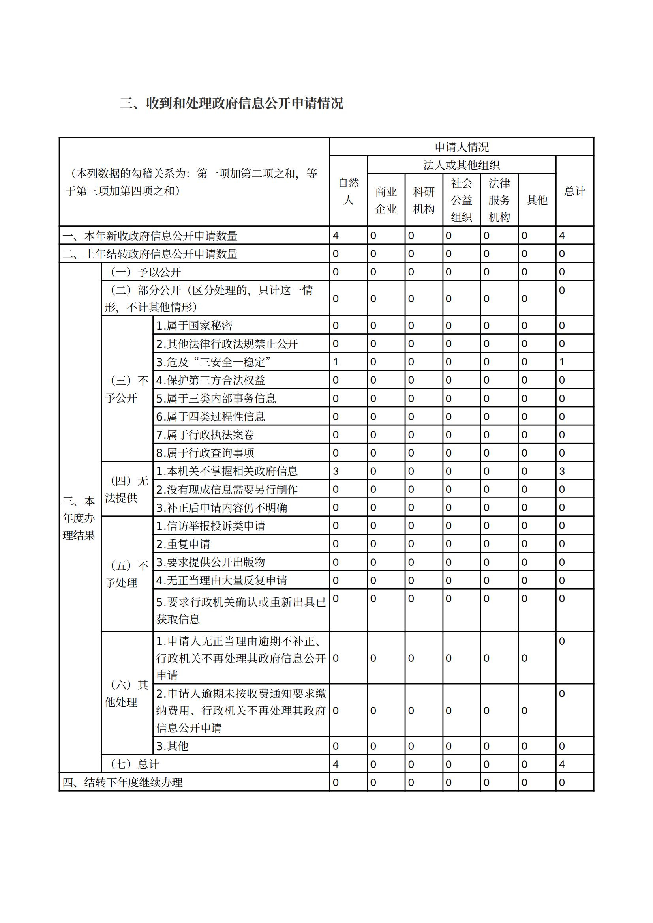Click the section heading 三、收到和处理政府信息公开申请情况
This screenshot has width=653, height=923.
tap(232, 103)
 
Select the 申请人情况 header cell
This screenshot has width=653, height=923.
tap(461, 147)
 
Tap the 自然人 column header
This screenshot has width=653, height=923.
tap(348, 191)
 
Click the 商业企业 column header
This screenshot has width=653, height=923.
tap(386, 200)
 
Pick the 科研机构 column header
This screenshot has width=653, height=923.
tap(424, 200)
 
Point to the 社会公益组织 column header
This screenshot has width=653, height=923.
tap(461, 200)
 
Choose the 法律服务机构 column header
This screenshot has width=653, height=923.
tap(499, 200)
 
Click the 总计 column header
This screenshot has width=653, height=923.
tap(574, 191)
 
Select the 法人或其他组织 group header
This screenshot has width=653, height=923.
tap(461, 165)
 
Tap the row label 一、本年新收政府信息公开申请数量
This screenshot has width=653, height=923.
tap(150, 236)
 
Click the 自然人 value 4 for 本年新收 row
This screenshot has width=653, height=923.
tap(336, 236)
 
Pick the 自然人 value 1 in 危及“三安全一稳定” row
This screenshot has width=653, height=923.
tap(336, 362)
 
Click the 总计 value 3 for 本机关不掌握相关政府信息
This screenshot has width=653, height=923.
tap(562, 471)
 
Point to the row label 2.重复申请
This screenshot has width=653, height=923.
tap(183, 544)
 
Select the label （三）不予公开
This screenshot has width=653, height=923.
tap(127, 389)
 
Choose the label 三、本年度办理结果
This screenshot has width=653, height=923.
tap(79, 518)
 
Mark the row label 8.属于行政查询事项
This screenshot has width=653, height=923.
tap(205, 453)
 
